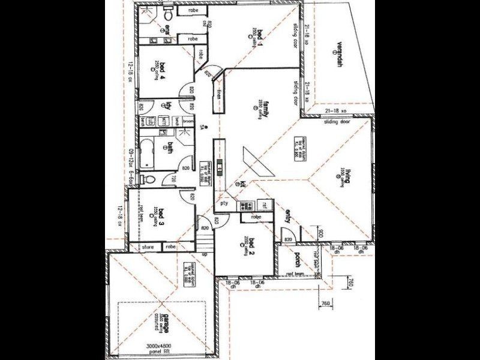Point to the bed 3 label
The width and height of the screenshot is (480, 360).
(161, 215)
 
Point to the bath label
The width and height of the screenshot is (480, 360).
(170, 147)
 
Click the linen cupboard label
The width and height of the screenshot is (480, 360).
(219, 94)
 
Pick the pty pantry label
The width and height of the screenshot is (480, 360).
(226, 203)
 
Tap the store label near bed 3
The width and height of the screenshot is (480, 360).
(147, 247)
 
